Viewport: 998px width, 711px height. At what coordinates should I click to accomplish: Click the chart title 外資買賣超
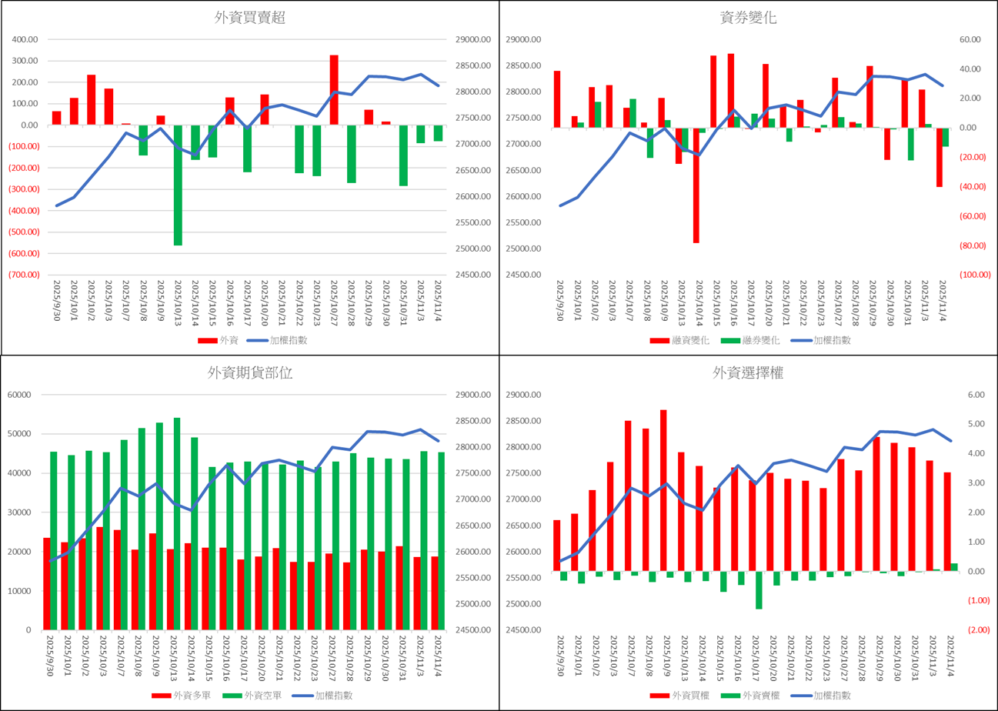[x=249, y=18]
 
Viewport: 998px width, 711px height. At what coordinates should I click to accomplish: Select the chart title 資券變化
[x=749, y=18]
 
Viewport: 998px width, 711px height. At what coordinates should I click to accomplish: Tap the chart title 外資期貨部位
[x=249, y=373]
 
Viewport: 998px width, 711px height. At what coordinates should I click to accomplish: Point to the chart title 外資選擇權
[x=749, y=373]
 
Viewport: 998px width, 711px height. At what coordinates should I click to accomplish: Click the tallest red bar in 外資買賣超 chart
[x=334, y=90]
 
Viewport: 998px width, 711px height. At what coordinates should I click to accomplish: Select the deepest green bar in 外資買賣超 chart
[x=178, y=185]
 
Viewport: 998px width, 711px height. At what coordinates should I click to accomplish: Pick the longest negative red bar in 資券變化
[x=696, y=185]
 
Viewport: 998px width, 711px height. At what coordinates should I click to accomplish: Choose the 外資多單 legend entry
[x=179, y=696]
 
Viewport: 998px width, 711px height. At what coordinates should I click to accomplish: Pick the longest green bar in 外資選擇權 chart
[x=759, y=589]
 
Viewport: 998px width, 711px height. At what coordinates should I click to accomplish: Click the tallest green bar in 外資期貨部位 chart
[x=177, y=523]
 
